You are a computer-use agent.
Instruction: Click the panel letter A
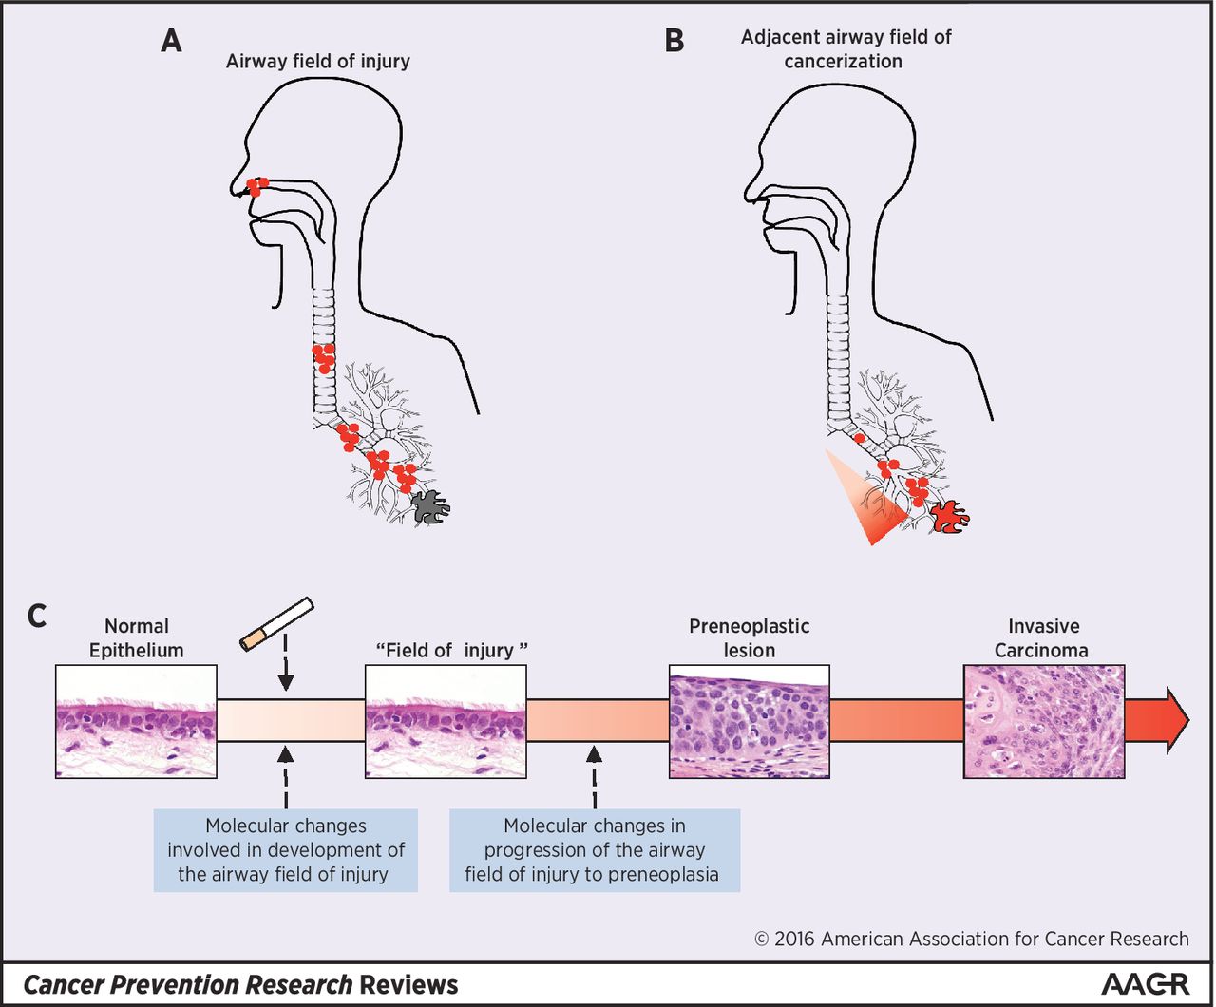171,41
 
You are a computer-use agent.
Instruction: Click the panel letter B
674,41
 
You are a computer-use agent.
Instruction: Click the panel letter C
37,616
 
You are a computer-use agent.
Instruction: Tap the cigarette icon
276,624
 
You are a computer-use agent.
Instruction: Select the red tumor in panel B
948,517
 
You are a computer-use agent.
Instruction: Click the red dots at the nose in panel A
256,186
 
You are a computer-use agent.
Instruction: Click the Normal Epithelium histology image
137,721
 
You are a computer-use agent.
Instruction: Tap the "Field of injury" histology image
446,721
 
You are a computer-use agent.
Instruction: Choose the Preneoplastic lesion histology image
750,721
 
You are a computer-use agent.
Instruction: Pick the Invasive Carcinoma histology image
1044,721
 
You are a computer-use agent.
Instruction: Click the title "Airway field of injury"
318,62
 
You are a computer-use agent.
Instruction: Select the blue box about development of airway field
285,850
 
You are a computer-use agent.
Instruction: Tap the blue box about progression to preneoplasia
594,850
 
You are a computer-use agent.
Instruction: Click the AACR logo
1145,984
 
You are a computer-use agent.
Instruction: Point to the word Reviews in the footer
408,985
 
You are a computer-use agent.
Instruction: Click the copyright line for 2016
971,939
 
